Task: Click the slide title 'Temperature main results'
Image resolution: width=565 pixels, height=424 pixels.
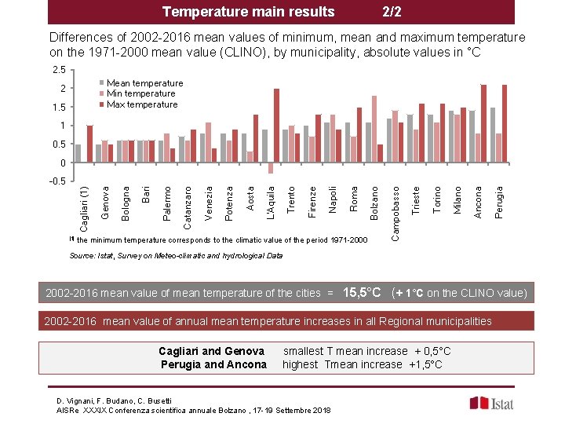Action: click(248, 12)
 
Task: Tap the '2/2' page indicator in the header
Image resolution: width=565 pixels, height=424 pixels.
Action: click(392, 12)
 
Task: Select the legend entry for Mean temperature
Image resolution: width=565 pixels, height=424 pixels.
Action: click(144, 83)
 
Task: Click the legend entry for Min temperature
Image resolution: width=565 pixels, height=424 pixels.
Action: click(140, 93)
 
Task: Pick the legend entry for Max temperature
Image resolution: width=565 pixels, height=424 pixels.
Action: click(142, 104)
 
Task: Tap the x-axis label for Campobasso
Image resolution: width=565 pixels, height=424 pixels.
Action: click(397, 213)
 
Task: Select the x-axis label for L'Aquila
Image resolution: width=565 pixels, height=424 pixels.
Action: click(270, 201)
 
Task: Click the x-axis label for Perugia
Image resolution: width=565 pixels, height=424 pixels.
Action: click(500, 200)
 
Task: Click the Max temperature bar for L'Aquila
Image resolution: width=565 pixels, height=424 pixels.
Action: click(277, 126)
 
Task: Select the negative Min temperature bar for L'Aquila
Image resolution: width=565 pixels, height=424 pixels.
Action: click(270, 168)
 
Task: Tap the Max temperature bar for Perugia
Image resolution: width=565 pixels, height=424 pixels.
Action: click(505, 123)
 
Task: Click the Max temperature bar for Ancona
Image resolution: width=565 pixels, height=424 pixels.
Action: click(484, 123)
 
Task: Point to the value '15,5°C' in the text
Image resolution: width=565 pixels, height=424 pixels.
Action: click(362, 293)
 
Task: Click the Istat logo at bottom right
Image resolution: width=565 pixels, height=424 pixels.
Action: click(492, 403)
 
